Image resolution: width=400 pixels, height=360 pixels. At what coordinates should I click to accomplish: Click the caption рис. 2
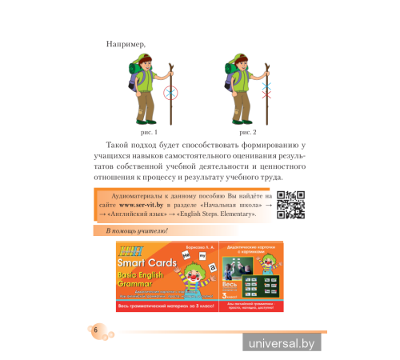(x=247, y=130)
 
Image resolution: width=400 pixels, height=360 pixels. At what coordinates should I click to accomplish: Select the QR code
(x=295, y=204)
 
